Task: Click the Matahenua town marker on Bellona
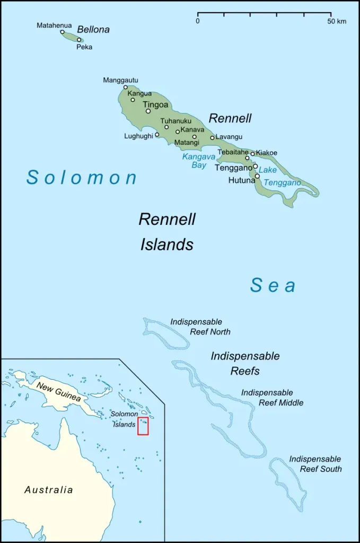click(x=62, y=32)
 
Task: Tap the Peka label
click(x=84, y=47)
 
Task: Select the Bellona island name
click(x=93, y=30)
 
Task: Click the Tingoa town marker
click(x=148, y=111)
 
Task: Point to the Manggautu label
click(x=120, y=80)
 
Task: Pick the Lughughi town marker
click(x=157, y=135)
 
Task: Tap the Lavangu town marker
click(x=212, y=138)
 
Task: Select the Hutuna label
click(x=241, y=180)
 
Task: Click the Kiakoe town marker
click(x=253, y=154)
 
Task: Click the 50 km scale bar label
click(x=336, y=21)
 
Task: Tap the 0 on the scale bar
click(x=198, y=21)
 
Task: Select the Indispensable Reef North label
click(x=200, y=327)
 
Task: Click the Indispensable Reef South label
click(x=315, y=464)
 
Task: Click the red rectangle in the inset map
click(x=143, y=426)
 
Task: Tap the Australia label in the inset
click(x=49, y=489)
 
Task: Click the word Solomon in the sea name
click(x=82, y=177)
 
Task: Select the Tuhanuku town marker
click(x=166, y=127)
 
